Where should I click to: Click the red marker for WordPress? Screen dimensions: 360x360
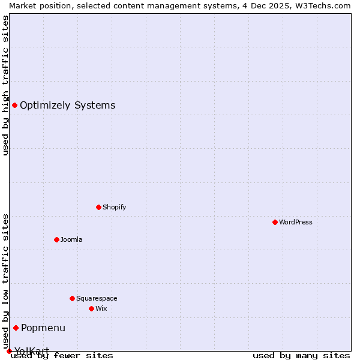coord(275,222)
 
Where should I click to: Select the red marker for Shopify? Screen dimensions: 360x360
coord(98,207)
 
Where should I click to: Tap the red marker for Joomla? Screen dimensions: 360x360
coord(56,239)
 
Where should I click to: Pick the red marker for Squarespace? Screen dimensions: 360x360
coord(72,298)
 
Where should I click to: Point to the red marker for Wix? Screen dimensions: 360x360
coord(91,308)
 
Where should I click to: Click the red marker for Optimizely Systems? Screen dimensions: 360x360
coord(14,106)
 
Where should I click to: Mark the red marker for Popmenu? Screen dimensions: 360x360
coord(16,328)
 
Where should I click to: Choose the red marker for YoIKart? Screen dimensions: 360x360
coord(9,351)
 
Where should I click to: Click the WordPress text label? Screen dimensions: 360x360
coord(296,222)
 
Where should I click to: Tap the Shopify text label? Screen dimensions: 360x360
coord(115,207)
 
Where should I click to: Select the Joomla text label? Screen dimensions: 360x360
coord(71,239)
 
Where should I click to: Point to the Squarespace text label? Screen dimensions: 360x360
coord(97,298)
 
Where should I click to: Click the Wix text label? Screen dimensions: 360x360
coord(101,308)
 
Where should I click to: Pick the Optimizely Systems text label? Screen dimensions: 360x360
coord(67,106)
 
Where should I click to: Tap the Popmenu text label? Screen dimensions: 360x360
coord(43,328)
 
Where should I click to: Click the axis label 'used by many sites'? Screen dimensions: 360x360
coord(301,355)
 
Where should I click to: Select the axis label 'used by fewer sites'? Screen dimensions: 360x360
coord(62,355)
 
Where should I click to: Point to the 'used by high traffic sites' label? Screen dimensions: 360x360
coord(5,85)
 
